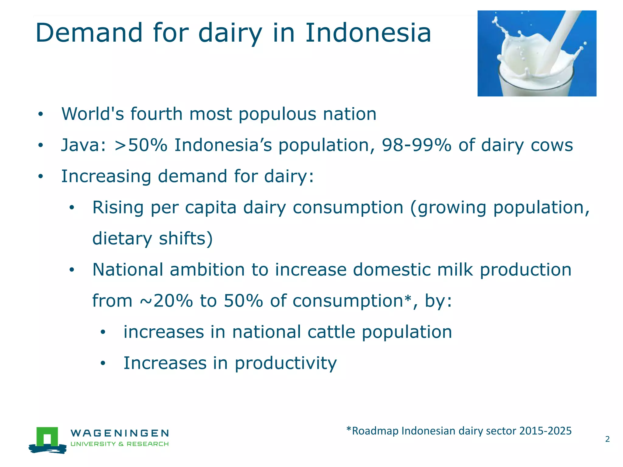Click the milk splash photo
(x=537, y=54)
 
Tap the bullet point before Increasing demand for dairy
(x=41, y=177)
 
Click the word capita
(x=211, y=208)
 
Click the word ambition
(x=207, y=270)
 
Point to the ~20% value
(x=166, y=301)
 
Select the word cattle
(x=331, y=332)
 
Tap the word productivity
(x=285, y=363)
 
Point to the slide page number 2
(x=607, y=439)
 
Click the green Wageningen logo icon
(x=47, y=440)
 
